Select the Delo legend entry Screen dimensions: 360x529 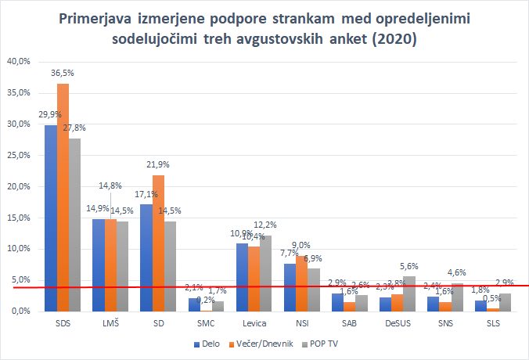(207, 344)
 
